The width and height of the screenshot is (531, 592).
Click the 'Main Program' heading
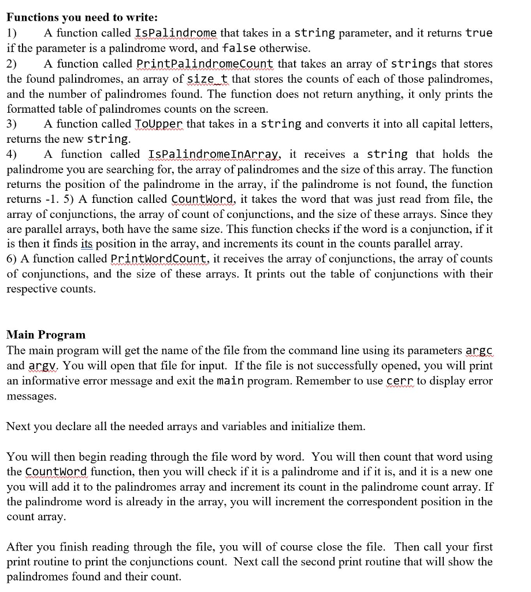(x=46, y=335)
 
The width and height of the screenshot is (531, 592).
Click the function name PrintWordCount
(x=159, y=259)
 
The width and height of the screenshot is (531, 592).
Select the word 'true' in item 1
(x=479, y=33)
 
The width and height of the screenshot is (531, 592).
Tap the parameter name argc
(x=479, y=351)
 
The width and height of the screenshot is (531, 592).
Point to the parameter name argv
(x=42, y=366)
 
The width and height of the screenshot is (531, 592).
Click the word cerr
(x=399, y=381)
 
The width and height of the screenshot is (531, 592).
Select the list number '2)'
(x=12, y=64)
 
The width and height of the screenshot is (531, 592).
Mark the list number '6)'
(x=12, y=259)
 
